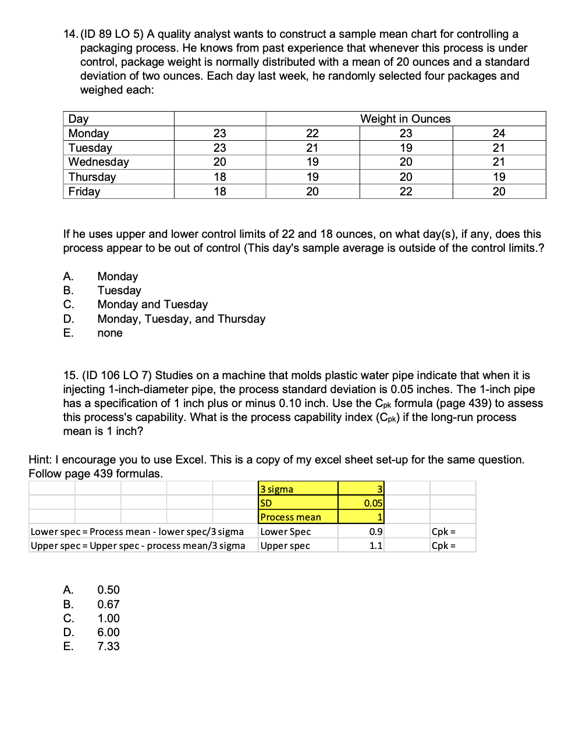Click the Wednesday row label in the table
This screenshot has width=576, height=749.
[98, 162]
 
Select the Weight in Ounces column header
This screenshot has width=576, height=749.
[405, 119]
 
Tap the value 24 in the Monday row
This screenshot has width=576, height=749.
[499, 133]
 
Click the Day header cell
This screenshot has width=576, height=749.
[79, 119]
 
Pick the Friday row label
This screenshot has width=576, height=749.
[84, 191]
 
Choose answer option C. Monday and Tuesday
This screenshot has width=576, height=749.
[152, 305]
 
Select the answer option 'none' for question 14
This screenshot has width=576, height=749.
[110, 333]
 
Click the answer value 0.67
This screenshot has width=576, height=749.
[108, 605]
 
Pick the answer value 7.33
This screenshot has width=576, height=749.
[108, 647]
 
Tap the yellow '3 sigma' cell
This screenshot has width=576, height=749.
[297, 489]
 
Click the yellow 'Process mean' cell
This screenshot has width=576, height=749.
[297, 517]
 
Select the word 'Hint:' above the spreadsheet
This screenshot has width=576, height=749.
[41, 460]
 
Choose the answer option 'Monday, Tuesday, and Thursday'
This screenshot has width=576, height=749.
[181, 319]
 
